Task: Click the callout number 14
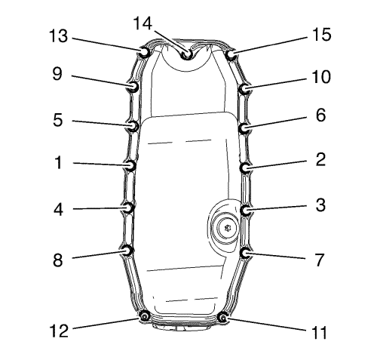[x=143, y=23]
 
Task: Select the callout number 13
[x=58, y=35]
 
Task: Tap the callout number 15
[x=322, y=35]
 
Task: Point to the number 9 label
[x=57, y=74]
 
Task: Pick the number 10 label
[x=321, y=77]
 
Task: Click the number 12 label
[x=59, y=331]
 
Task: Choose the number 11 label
[x=319, y=332]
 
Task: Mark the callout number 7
[x=320, y=260]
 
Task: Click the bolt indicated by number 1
[x=130, y=165]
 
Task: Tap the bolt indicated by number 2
[x=245, y=168]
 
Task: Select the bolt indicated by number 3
[x=246, y=210]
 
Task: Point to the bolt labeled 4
[x=128, y=208]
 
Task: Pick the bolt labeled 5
[x=133, y=125]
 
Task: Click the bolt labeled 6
[x=244, y=128]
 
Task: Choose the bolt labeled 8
[x=127, y=251]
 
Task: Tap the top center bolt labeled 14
[x=187, y=54]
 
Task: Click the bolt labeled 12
[x=144, y=316]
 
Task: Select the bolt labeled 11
[x=222, y=318]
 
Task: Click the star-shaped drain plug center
[x=228, y=229]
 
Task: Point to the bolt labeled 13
[x=144, y=52]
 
